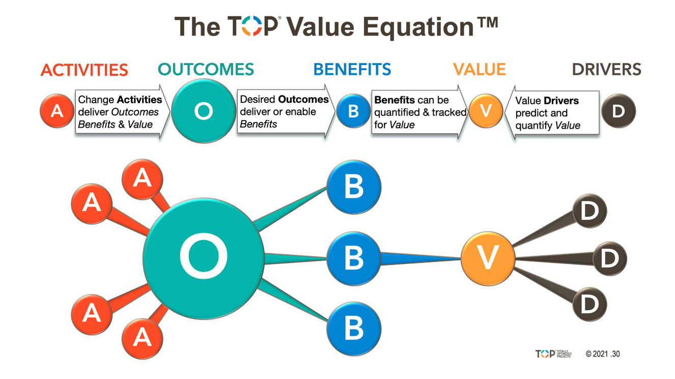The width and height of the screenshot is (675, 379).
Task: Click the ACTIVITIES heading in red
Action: click(84, 70)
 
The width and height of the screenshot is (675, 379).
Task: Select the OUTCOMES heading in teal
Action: click(206, 69)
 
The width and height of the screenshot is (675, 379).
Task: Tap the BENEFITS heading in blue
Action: click(352, 69)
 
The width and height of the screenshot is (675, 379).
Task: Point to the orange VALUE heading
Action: click(479, 69)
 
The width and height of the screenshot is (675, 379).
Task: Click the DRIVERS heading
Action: click(606, 69)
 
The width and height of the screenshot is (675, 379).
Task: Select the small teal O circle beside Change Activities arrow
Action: click(203, 111)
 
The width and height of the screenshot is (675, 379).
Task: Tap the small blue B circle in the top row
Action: click(353, 111)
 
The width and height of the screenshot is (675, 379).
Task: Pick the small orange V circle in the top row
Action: click(486, 110)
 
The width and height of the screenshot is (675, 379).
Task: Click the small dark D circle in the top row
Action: click(618, 111)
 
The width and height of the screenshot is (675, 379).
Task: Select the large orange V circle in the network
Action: click(488, 258)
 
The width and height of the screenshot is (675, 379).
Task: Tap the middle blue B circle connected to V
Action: click(353, 258)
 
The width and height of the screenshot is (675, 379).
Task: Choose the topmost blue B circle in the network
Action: click(353, 187)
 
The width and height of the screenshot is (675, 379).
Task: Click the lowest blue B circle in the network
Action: click(353, 328)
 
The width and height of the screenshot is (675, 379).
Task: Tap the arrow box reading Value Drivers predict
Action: click(552, 112)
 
